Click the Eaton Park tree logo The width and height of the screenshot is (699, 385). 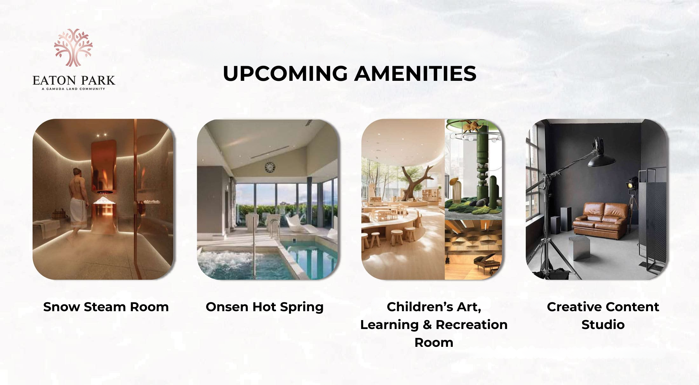[73, 48]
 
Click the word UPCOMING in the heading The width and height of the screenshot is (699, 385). [285, 73]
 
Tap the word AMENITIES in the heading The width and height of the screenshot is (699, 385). [415, 73]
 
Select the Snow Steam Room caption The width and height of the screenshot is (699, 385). [106, 307]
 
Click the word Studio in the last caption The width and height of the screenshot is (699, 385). [603, 325]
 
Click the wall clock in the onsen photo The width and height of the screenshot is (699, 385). [270, 167]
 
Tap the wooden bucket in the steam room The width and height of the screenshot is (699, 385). [58, 214]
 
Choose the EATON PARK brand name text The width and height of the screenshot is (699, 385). [74, 80]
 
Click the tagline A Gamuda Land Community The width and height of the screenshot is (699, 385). [73, 89]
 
